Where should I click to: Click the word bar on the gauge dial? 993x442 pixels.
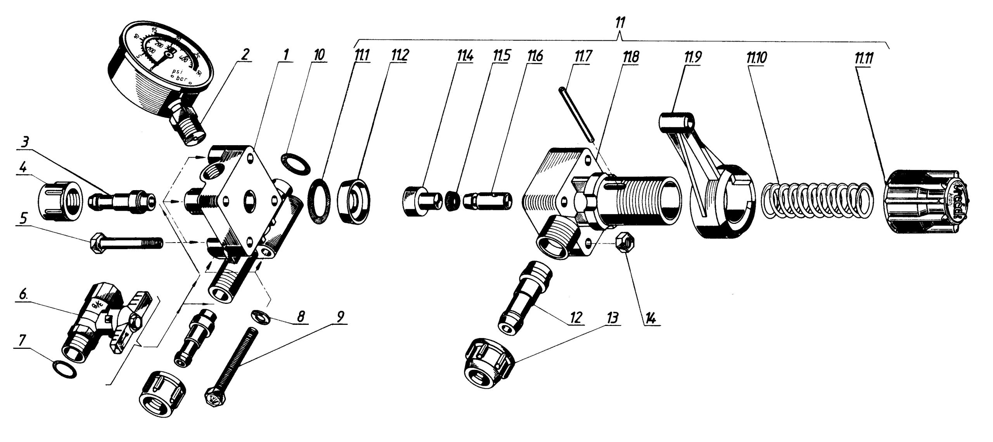[182, 81]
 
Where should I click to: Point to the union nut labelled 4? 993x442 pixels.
[60, 202]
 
